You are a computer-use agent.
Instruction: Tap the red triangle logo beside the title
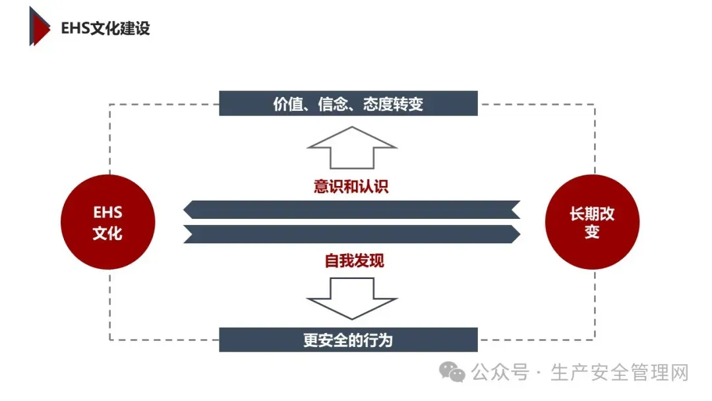click(39, 26)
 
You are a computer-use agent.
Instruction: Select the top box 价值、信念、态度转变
click(348, 104)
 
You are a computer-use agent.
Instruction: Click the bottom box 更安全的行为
click(348, 340)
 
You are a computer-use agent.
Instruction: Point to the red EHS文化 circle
click(107, 222)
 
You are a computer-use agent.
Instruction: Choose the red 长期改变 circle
click(592, 222)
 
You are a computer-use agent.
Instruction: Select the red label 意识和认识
click(351, 186)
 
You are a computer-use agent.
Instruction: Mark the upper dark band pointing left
click(351, 210)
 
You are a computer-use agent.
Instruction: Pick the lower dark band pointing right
click(351, 234)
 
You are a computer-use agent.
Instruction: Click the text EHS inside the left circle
click(107, 213)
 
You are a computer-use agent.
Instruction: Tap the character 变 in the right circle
click(592, 232)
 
